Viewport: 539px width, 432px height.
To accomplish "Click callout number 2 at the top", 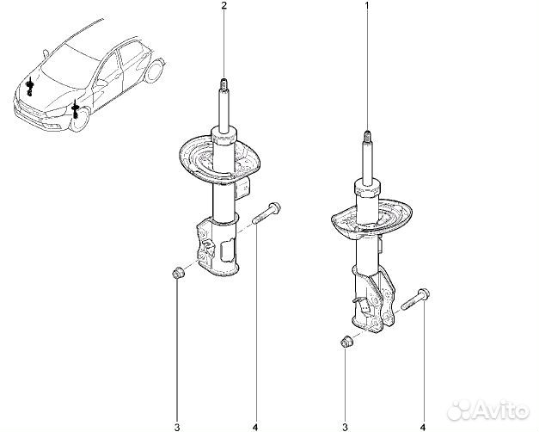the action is pos(224,5).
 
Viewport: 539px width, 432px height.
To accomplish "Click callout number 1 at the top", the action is pos(367,5).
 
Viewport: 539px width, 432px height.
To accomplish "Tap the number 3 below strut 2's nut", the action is pos(177,428).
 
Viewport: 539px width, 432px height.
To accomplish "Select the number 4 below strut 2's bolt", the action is pos(255,428).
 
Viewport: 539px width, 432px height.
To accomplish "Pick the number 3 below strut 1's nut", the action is pos(345,428).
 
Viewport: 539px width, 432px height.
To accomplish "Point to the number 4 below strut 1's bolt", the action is pos(423,428).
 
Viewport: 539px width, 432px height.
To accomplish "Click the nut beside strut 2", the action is pos(178,274).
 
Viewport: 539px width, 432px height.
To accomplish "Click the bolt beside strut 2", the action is pos(266,213).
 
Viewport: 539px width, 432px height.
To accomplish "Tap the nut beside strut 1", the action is pos(346,342).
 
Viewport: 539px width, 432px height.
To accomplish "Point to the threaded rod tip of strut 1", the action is pos(367,136).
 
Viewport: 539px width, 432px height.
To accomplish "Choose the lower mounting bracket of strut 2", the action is pos(217,246).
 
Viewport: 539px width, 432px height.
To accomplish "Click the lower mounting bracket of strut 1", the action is pos(373,299).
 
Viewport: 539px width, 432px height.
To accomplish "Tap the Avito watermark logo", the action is pos(489,410).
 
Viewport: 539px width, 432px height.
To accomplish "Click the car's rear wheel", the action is pos(153,71).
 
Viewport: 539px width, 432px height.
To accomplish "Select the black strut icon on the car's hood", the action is pos(30,87).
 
